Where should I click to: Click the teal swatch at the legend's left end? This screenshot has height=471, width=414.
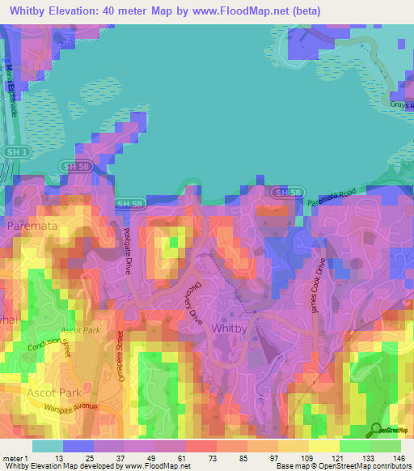coord(47,445)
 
